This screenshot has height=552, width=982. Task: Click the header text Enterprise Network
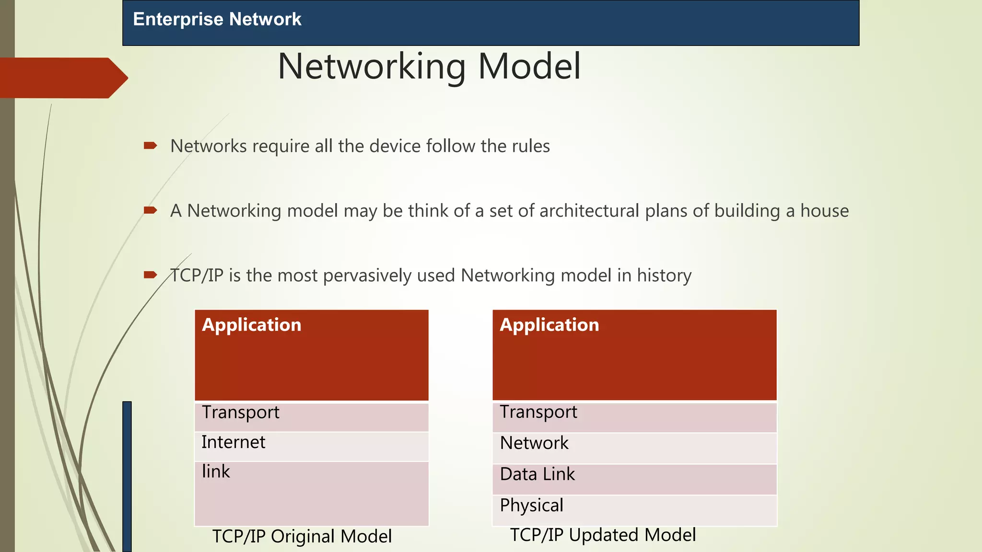pyautogui.click(x=217, y=19)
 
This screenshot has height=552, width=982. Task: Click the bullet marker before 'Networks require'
pyautogui.click(x=150, y=146)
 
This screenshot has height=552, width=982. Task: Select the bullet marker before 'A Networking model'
pyautogui.click(x=150, y=210)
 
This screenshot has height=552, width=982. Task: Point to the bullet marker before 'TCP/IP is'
pyautogui.click(x=150, y=275)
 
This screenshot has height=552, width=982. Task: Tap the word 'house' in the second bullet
pyautogui.click(x=824, y=211)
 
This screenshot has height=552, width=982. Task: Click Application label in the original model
pyautogui.click(x=252, y=325)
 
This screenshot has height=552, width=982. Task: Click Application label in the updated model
pyautogui.click(x=549, y=325)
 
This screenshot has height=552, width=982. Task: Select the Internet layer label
pyautogui.click(x=233, y=442)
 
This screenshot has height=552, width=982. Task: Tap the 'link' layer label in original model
pyautogui.click(x=216, y=471)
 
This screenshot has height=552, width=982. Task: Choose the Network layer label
pyautogui.click(x=534, y=443)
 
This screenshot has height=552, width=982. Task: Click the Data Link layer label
pyautogui.click(x=537, y=474)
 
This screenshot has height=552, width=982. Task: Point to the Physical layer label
pyautogui.click(x=531, y=506)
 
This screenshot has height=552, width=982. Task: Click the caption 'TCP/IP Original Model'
pyautogui.click(x=302, y=536)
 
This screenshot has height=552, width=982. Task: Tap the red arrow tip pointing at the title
pyautogui.click(x=122, y=78)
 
